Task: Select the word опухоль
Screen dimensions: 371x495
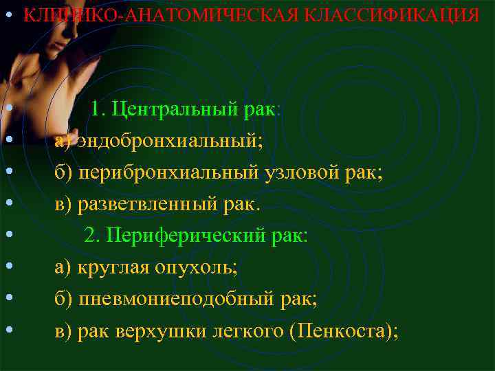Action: point(197,268)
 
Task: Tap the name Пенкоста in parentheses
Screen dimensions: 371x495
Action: point(337,331)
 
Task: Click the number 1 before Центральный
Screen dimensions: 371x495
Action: point(96,109)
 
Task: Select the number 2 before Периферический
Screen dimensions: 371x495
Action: point(91,236)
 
